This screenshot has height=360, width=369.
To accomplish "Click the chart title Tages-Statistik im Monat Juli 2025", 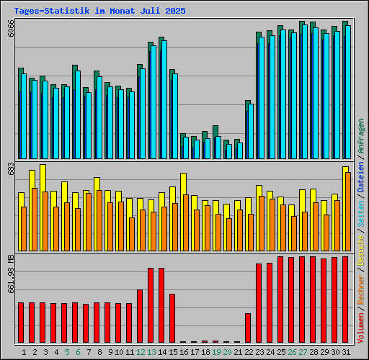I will coord(99,12).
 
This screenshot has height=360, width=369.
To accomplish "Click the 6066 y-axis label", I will coord(10,29).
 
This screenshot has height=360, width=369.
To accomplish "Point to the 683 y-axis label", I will coord(10,168).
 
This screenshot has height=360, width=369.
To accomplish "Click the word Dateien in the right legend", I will coord(360,176).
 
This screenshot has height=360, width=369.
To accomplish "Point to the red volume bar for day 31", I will coord(345,299).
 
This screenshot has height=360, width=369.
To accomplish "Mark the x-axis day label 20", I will coord(226,352).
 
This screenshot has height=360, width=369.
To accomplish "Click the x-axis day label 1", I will coord(24,352).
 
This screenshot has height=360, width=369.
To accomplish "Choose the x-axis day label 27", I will coord(302,352).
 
